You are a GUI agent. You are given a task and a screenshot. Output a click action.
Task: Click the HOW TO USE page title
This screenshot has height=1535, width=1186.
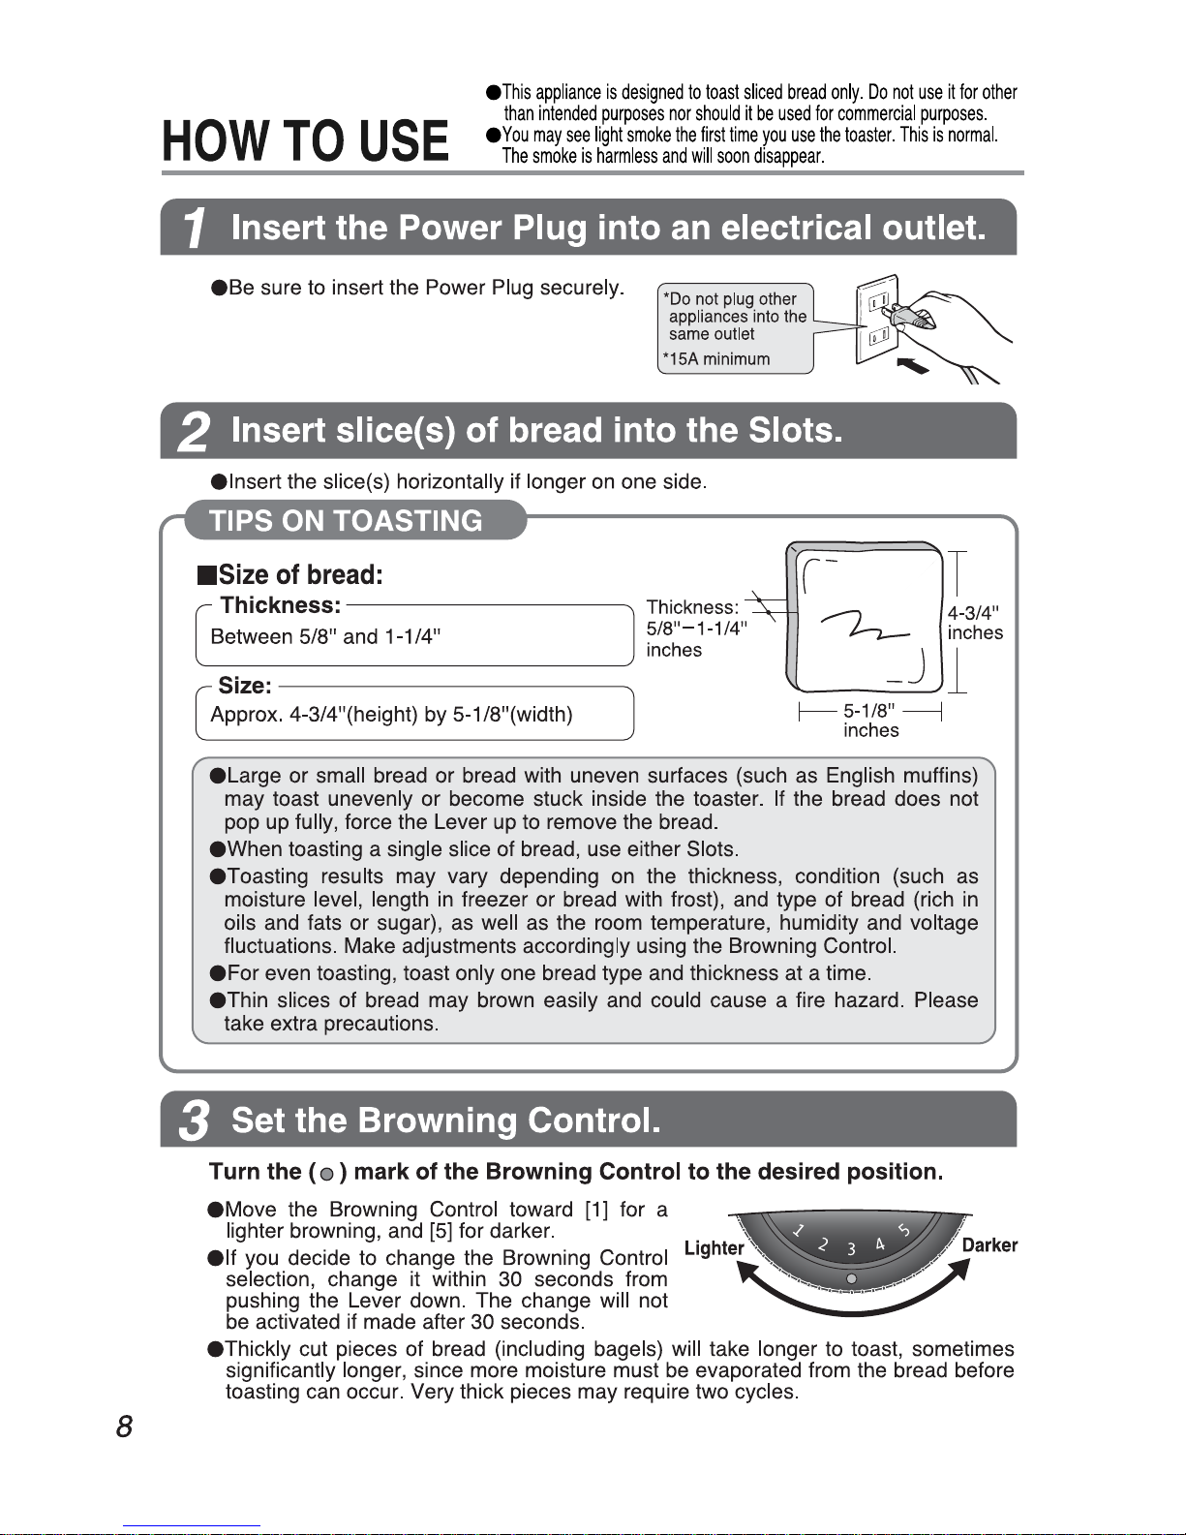(305, 140)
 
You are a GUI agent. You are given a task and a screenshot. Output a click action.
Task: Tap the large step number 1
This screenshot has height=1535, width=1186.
(195, 229)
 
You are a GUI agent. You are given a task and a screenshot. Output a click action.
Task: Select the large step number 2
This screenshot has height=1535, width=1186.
(194, 432)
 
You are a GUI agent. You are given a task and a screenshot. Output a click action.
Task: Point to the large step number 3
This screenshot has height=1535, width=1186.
(195, 1121)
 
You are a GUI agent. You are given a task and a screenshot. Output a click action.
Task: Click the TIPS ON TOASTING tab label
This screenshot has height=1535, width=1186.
(346, 521)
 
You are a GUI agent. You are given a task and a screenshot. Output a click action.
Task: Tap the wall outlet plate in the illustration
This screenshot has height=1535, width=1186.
(876, 320)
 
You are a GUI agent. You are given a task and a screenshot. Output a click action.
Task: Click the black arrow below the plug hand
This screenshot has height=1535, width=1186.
(913, 365)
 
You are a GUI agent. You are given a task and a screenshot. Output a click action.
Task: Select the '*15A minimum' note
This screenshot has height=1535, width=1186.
(716, 359)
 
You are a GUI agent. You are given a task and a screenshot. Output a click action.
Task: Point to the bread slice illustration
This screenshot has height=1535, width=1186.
(864, 618)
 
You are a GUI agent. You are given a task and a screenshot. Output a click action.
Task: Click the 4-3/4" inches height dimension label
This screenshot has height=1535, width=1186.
(975, 623)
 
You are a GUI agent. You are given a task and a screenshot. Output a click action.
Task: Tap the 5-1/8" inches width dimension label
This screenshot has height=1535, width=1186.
(870, 720)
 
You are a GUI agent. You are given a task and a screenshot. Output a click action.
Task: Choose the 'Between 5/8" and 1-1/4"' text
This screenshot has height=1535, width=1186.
(325, 636)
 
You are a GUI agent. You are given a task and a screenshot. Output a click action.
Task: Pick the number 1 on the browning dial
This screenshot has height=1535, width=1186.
(798, 1230)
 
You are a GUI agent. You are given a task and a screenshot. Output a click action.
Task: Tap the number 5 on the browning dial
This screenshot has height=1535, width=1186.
(903, 1230)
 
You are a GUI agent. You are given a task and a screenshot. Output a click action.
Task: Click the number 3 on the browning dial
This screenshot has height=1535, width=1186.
(851, 1249)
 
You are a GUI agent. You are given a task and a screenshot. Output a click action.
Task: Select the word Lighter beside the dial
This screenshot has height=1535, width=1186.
(714, 1247)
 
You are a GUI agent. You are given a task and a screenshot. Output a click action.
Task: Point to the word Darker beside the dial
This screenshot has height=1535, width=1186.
(989, 1244)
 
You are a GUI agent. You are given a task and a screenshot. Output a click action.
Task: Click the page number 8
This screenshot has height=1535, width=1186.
(124, 1427)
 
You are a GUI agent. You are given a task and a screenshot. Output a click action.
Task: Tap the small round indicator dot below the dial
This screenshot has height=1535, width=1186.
(851, 1278)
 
